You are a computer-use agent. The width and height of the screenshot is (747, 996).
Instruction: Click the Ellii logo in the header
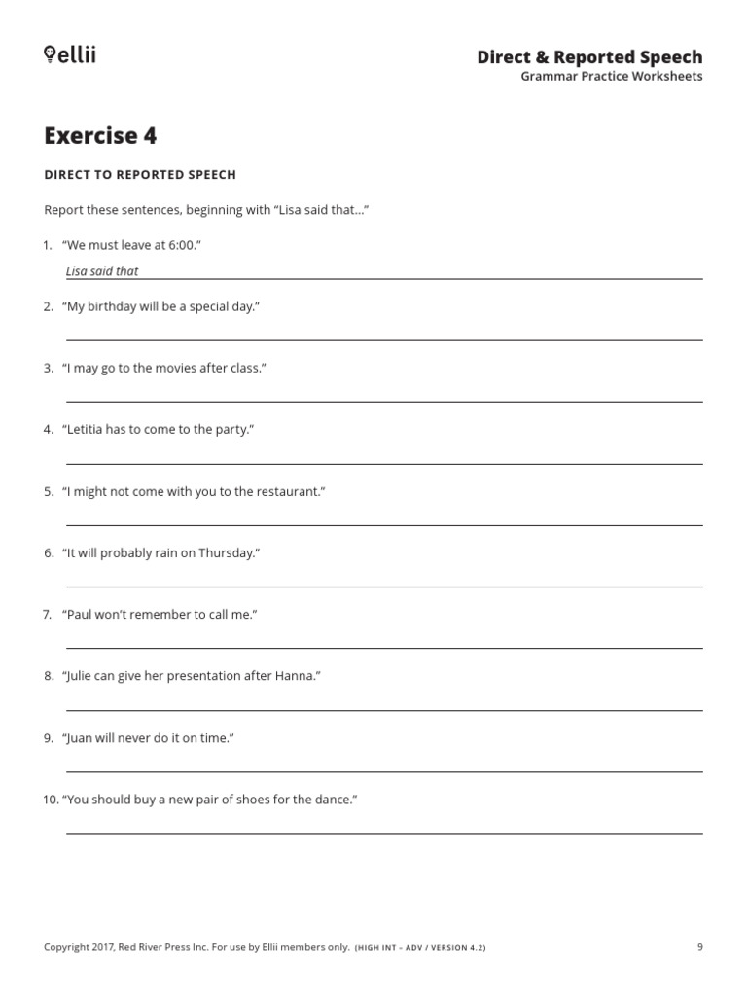pos(70,54)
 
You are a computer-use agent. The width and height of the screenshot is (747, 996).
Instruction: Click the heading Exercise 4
pos(100,135)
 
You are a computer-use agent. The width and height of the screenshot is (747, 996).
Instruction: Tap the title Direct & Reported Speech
pos(589,56)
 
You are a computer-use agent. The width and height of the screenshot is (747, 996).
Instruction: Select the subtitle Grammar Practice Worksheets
pos(612,76)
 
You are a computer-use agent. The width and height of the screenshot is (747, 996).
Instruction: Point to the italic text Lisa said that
pos(102,271)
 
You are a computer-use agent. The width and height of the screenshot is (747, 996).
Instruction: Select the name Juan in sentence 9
pos(82,738)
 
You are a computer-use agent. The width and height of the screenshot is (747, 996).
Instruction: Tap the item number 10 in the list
pos(51,800)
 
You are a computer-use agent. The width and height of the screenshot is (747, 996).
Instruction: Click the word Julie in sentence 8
pos(83,676)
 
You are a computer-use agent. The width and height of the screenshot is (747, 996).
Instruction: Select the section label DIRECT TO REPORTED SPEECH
pos(140,175)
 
